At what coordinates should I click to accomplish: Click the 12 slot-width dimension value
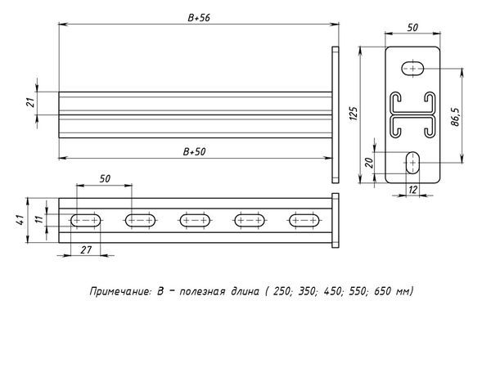click(412, 191)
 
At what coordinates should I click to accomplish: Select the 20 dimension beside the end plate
click(370, 162)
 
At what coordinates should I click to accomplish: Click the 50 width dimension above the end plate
click(413, 27)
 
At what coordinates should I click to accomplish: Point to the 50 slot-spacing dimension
click(104, 177)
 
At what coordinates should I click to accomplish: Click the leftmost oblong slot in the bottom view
click(85, 220)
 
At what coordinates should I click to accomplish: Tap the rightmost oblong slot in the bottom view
click(304, 220)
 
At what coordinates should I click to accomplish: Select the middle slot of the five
click(195, 220)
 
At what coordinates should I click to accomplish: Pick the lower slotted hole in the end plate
click(412, 162)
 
